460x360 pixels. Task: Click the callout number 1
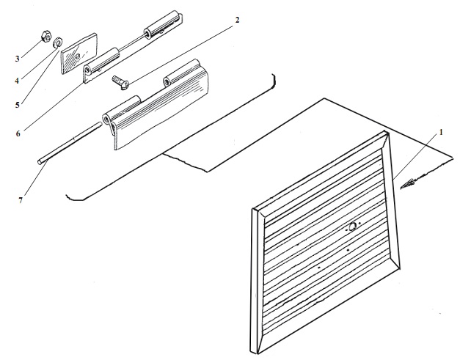tap(441, 133)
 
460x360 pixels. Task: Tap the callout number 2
tap(237, 20)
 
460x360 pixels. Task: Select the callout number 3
tap(18, 59)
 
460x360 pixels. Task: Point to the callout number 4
tap(17, 81)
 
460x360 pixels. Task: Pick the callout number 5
tap(18, 105)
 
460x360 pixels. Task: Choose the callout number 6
tap(18, 133)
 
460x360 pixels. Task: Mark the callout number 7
tap(21, 200)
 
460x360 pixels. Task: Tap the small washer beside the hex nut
tap(57, 42)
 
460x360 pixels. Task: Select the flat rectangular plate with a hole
tap(79, 54)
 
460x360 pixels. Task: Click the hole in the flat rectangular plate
tap(78, 56)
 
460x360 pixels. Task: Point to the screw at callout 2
tap(120, 82)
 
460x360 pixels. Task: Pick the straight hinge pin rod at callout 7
tap(70, 142)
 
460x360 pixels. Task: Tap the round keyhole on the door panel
tap(353, 226)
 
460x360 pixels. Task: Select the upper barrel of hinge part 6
tap(162, 24)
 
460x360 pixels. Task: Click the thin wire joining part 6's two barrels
tap(132, 42)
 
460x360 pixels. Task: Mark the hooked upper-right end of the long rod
tap(274, 80)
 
